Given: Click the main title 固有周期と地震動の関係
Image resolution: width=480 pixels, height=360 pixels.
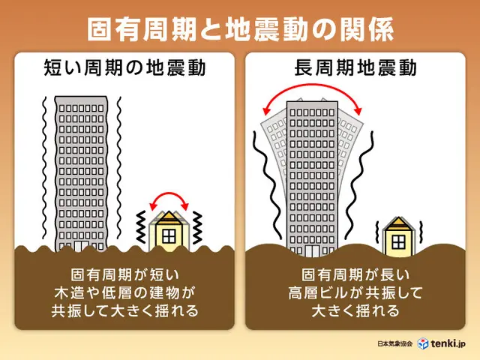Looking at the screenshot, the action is pos(240,29).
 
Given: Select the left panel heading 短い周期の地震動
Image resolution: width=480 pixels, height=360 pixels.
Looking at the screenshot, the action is pos(124,67).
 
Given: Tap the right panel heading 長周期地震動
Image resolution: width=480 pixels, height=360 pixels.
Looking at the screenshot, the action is pos(355,67).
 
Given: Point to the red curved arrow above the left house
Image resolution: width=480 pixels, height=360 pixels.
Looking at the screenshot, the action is pos(169,193).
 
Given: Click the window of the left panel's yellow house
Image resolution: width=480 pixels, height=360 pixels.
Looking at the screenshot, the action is pos(169,236).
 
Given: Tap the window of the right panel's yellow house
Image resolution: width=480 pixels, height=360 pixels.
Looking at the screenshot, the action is pos(398,242).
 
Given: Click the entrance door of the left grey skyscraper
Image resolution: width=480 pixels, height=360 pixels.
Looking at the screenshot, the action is pos(82,247).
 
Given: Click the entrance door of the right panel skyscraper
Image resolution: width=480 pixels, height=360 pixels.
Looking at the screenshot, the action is pos(312,251).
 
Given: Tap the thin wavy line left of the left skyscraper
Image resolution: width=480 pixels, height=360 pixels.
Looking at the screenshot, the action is pos(45,168).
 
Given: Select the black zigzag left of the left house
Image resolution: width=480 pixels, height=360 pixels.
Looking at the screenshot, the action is pos(141,226).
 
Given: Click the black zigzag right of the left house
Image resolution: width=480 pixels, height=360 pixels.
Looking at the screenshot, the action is pos(197,227).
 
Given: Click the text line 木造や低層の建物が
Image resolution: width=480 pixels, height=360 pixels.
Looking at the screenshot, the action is pos(124,292).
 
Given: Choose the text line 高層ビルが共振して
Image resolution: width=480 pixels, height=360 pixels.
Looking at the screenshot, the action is pos(355,292).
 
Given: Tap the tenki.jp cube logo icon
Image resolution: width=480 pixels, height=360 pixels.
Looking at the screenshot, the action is pos(423,343).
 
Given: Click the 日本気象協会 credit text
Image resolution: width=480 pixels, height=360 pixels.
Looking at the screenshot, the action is pos(395,343).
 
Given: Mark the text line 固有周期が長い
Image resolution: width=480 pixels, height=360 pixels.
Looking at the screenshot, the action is pos(355,274).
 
